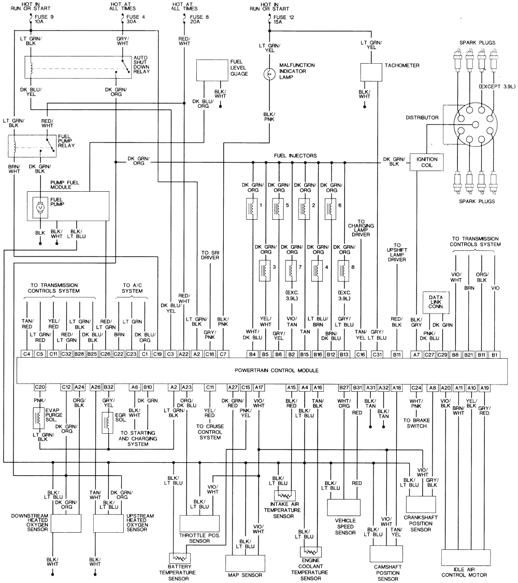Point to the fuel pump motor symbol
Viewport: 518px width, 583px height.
pyautogui.click(x=40, y=207)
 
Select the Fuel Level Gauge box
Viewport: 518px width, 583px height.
pyautogui.click(x=211, y=70)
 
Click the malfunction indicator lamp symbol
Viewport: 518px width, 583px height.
pyautogui.click(x=269, y=75)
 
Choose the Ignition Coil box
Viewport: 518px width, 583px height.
pyautogui.click(x=426, y=163)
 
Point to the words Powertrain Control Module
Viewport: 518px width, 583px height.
pyautogui.click(x=276, y=371)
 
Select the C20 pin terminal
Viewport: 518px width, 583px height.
pyautogui.click(x=40, y=387)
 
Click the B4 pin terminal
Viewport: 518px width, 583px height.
pyautogui.click(x=252, y=354)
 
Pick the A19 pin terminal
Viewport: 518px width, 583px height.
pyautogui.click(x=484, y=387)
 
